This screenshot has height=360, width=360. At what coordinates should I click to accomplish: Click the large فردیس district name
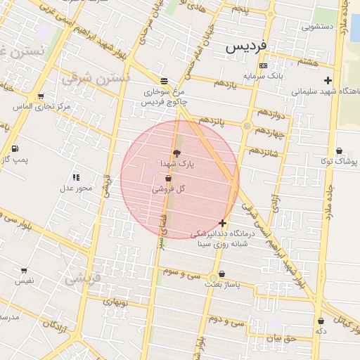point(246,46)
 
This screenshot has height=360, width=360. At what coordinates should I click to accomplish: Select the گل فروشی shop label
point(168,189)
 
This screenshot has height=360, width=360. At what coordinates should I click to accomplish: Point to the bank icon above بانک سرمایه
point(263,65)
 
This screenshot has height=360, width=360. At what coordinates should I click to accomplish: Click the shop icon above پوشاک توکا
point(339,150)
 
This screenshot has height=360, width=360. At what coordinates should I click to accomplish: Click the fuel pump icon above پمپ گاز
point(15,148)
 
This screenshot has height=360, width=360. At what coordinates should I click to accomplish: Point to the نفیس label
point(24,281)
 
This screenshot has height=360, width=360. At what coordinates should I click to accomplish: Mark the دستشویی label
point(318,27)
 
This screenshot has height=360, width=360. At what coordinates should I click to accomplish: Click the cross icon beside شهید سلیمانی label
point(328,80)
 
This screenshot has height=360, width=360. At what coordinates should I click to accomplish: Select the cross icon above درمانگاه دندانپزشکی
point(223,223)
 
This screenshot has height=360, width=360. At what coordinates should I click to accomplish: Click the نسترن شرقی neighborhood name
point(95,77)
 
